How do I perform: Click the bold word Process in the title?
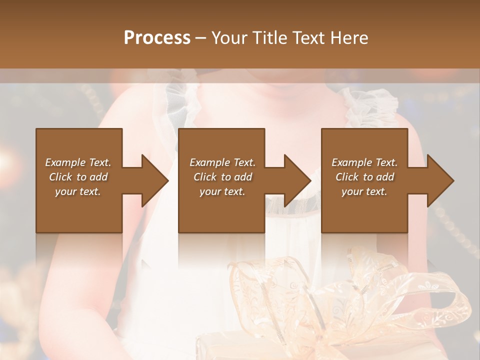click(x=157, y=37)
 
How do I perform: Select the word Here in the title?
click(x=349, y=37)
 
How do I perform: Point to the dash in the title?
click(x=201, y=38)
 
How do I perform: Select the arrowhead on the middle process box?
click(x=297, y=180)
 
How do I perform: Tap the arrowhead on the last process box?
click(x=440, y=180)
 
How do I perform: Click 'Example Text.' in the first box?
click(x=78, y=162)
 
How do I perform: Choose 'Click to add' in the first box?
click(x=78, y=177)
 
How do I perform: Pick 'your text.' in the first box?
click(x=78, y=191)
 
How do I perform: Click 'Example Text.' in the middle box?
click(x=222, y=162)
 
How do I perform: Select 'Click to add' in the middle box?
click(x=222, y=177)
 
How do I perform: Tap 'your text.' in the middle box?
click(x=222, y=191)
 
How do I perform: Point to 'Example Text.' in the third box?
click(x=364, y=162)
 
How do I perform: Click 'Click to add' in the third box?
click(x=364, y=177)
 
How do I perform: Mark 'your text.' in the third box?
click(x=364, y=191)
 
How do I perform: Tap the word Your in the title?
click(x=229, y=37)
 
